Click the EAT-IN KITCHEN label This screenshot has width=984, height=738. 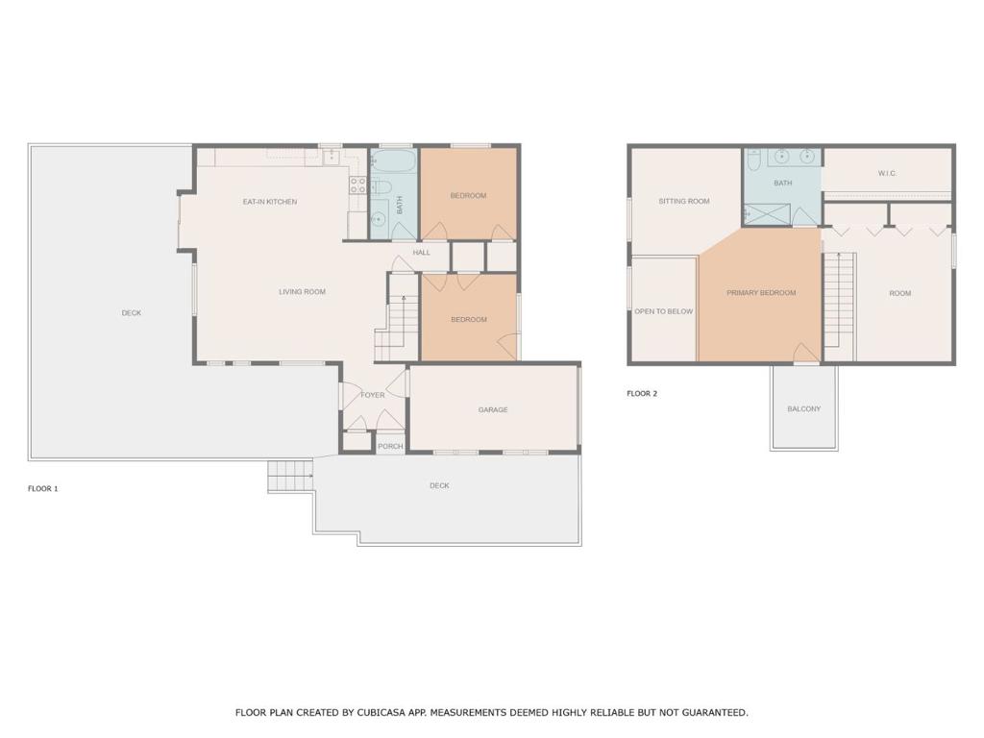270,202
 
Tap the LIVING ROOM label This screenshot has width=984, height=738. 302,292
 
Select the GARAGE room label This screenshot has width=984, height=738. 493,409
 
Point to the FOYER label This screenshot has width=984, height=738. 373,395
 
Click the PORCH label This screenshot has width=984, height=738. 390,446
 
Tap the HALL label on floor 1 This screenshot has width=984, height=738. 422,253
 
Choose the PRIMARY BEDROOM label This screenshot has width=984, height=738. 761,293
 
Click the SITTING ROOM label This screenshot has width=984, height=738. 684,202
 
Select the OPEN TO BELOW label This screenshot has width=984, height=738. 663,311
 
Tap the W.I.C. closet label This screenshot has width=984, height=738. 887,173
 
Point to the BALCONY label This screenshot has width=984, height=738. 804,409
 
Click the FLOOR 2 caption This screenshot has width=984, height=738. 642,394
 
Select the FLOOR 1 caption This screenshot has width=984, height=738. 42,488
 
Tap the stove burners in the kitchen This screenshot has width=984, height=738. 357,185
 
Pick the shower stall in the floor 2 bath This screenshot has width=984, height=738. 767,214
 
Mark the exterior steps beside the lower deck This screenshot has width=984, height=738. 290,477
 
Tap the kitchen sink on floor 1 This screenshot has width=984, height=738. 331,157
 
